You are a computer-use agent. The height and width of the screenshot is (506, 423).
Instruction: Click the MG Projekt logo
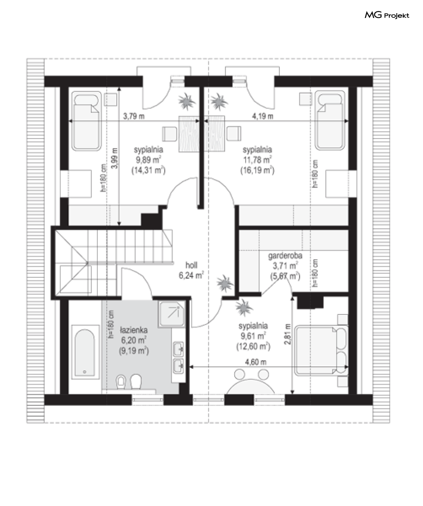[x=387, y=15]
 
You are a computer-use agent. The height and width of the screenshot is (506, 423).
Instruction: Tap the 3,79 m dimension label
[x=133, y=116]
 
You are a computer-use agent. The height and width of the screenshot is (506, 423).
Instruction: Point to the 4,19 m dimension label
[x=263, y=116]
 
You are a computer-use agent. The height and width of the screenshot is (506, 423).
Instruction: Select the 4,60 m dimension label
[x=256, y=362]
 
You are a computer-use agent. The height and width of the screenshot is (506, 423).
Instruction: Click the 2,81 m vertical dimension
[x=288, y=334]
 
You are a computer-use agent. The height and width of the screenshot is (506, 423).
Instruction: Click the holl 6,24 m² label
[x=191, y=270]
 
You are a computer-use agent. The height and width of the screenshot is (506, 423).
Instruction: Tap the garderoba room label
[x=285, y=256]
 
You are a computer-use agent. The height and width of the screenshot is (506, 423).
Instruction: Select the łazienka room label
[x=133, y=330]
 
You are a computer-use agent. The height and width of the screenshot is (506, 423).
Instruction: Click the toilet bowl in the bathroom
[x=136, y=382]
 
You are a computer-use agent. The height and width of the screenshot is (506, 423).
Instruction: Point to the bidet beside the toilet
[x=121, y=382]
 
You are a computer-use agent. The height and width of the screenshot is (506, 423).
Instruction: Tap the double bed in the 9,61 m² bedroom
[x=321, y=351]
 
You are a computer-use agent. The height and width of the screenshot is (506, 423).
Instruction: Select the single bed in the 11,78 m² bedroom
[x=329, y=120]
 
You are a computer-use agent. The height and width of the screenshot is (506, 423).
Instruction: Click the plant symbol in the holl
[x=225, y=284]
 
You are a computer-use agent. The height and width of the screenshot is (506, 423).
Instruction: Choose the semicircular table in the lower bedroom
[x=251, y=386]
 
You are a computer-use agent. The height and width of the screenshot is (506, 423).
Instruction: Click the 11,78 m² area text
[x=257, y=160]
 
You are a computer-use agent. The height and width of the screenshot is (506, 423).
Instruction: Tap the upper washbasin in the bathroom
[x=179, y=349]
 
